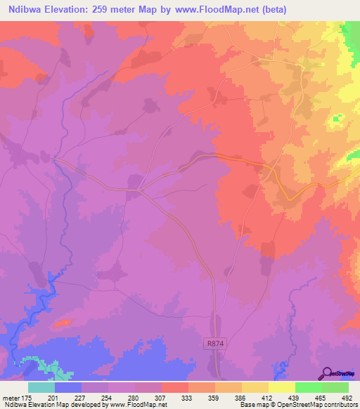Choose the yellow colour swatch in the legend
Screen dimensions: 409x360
(281, 387)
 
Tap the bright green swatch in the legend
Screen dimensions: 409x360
(308, 387)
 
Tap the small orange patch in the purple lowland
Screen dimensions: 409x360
(64, 323)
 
